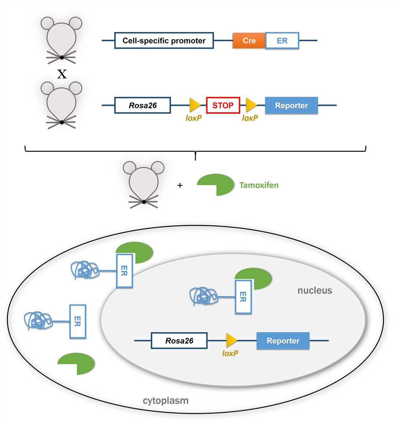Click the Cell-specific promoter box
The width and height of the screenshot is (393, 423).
[x=164, y=41]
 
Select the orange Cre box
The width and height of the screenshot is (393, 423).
[x=249, y=41]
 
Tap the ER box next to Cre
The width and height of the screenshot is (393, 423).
[x=282, y=41]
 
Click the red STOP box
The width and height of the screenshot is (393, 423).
[x=223, y=105]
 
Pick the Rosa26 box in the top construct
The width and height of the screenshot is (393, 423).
[x=142, y=105]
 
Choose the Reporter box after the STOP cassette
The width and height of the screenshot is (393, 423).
[x=291, y=105]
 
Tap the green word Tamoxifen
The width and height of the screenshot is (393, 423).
[x=259, y=185]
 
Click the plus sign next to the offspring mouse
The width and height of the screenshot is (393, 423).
[x=180, y=185]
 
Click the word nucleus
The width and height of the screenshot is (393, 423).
[x=315, y=291]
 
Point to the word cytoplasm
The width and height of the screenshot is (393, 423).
[x=165, y=401]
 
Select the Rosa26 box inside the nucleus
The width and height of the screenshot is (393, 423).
[x=179, y=341]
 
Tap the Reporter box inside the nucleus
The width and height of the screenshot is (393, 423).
[x=283, y=341]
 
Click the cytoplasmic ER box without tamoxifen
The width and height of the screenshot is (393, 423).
[x=78, y=321]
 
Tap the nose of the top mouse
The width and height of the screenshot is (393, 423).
[x=62, y=58]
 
